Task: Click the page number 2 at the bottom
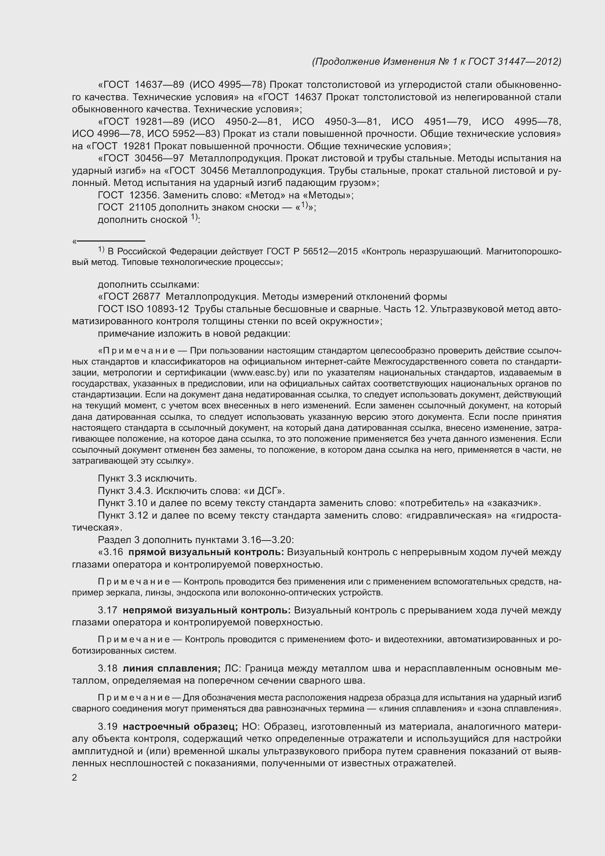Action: coord(75,778)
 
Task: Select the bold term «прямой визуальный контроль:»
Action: coord(206,552)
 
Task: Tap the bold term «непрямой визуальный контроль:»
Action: coord(207,610)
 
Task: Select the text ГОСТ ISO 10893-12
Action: coord(143,309)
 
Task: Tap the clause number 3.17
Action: coord(108,610)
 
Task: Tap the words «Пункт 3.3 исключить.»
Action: coord(147,478)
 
